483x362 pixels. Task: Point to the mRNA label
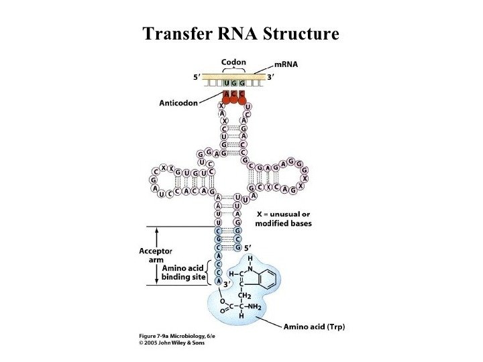coord(286,64)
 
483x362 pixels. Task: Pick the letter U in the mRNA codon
coord(225,83)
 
